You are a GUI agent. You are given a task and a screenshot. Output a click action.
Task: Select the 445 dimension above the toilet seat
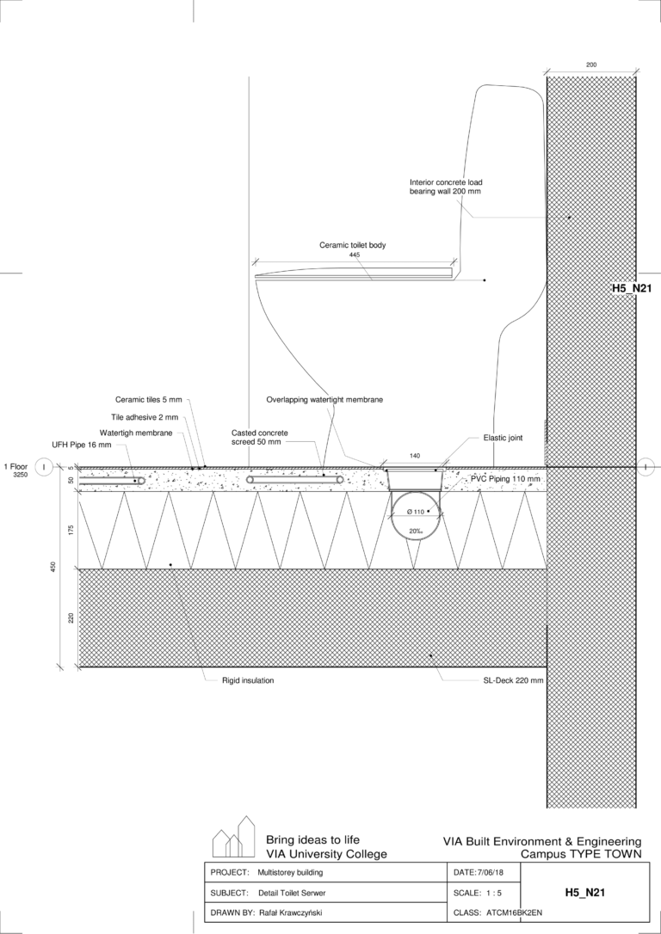(x=355, y=255)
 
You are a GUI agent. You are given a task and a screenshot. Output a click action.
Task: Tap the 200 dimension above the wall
(x=591, y=65)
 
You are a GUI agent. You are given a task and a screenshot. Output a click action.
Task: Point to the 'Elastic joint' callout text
(x=503, y=438)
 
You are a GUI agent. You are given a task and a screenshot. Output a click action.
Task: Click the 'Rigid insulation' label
(x=248, y=680)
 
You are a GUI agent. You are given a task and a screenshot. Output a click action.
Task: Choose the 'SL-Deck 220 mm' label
(x=513, y=680)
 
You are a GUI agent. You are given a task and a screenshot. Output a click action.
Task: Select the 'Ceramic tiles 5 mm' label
(x=148, y=400)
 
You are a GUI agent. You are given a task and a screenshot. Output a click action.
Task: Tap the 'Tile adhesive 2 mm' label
(x=145, y=418)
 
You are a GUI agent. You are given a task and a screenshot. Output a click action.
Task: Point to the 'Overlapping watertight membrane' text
(x=324, y=400)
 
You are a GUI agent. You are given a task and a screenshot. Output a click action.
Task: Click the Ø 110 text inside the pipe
(x=415, y=512)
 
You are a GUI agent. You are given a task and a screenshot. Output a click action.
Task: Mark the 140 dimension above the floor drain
(x=415, y=456)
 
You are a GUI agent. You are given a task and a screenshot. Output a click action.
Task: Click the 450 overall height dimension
(x=53, y=567)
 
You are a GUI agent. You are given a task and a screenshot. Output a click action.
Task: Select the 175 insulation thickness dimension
(x=71, y=530)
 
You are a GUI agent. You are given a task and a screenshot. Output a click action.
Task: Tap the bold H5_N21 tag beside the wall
(x=630, y=288)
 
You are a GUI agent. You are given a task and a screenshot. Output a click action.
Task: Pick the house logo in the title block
(x=233, y=836)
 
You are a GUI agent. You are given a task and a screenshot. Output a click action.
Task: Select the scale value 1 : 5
(x=492, y=893)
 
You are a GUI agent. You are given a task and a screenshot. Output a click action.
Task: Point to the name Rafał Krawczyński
(x=291, y=912)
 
